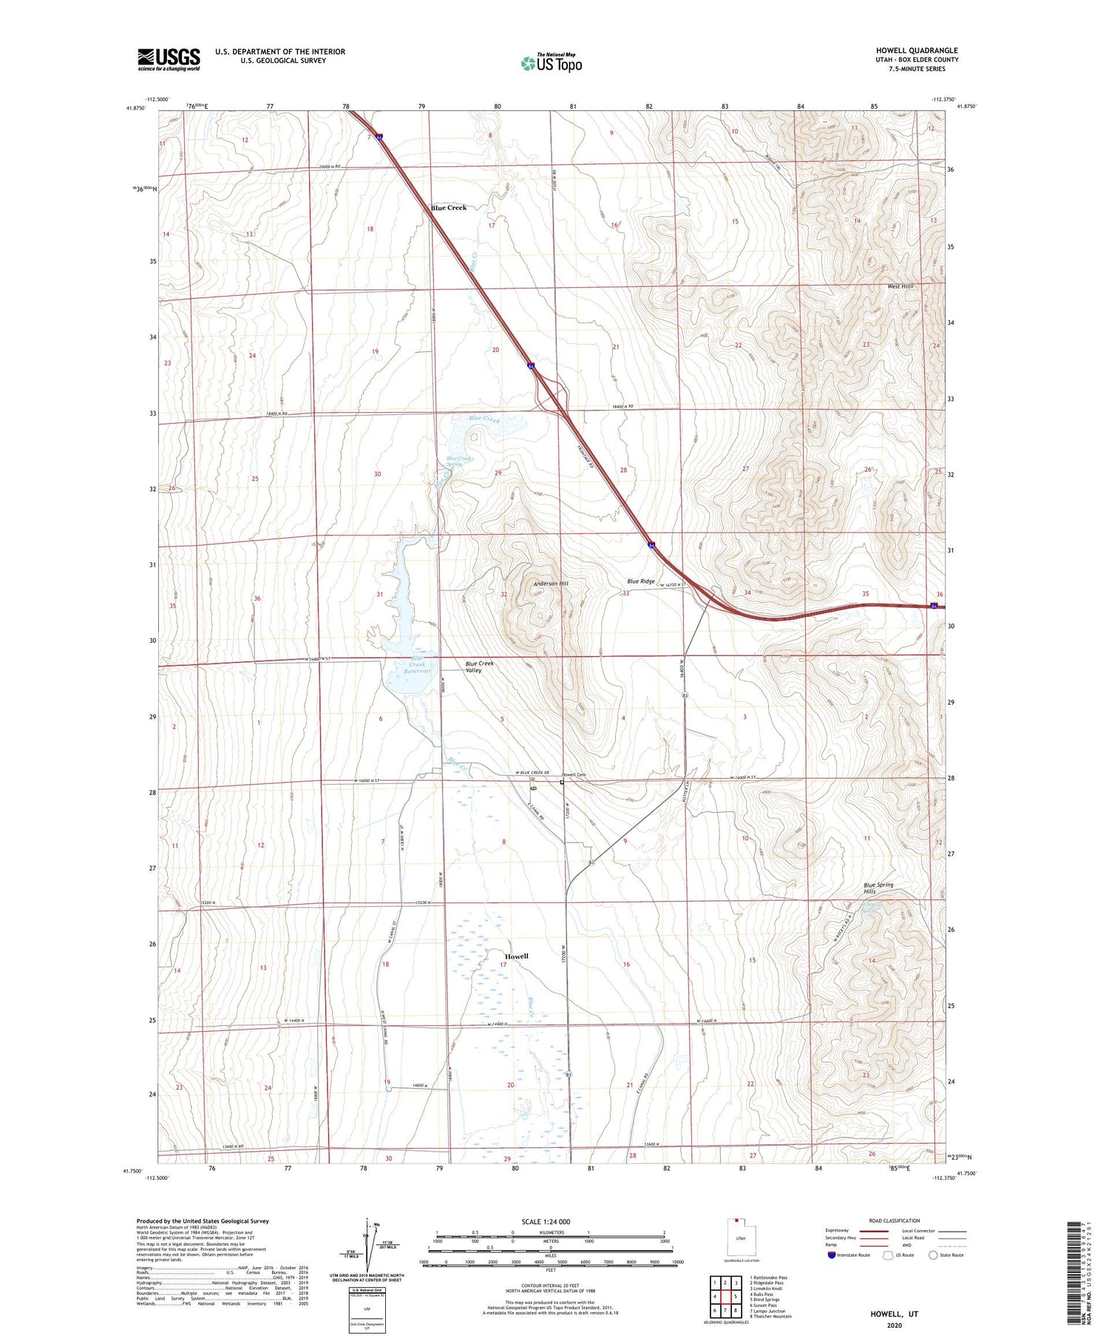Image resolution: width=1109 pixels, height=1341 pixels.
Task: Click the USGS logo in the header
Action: pyautogui.click(x=169, y=59)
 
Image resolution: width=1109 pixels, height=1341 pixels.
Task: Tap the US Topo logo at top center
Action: pyautogui.click(x=551, y=63)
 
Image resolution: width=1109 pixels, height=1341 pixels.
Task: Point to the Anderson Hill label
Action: pyautogui.click(x=551, y=584)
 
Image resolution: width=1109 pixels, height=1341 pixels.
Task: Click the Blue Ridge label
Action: pyautogui.click(x=640, y=581)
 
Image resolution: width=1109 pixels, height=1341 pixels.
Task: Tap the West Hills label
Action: pyautogui.click(x=901, y=286)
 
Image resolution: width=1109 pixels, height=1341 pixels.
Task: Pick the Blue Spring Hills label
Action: pyautogui.click(x=878, y=888)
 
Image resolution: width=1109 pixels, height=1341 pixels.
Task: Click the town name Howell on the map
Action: pyautogui.click(x=516, y=956)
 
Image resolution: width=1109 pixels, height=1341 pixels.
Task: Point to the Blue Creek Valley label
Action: pyautogui.click(x=479, y=666)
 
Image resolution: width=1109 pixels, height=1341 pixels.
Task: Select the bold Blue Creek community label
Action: pyautogui.click(x=449, y=208)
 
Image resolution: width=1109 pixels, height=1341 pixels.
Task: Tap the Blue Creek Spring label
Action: pyautogui.click(x=458, y=461)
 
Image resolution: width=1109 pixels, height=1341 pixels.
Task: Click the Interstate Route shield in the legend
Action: pyautogui.click(x=832, y=1254)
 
